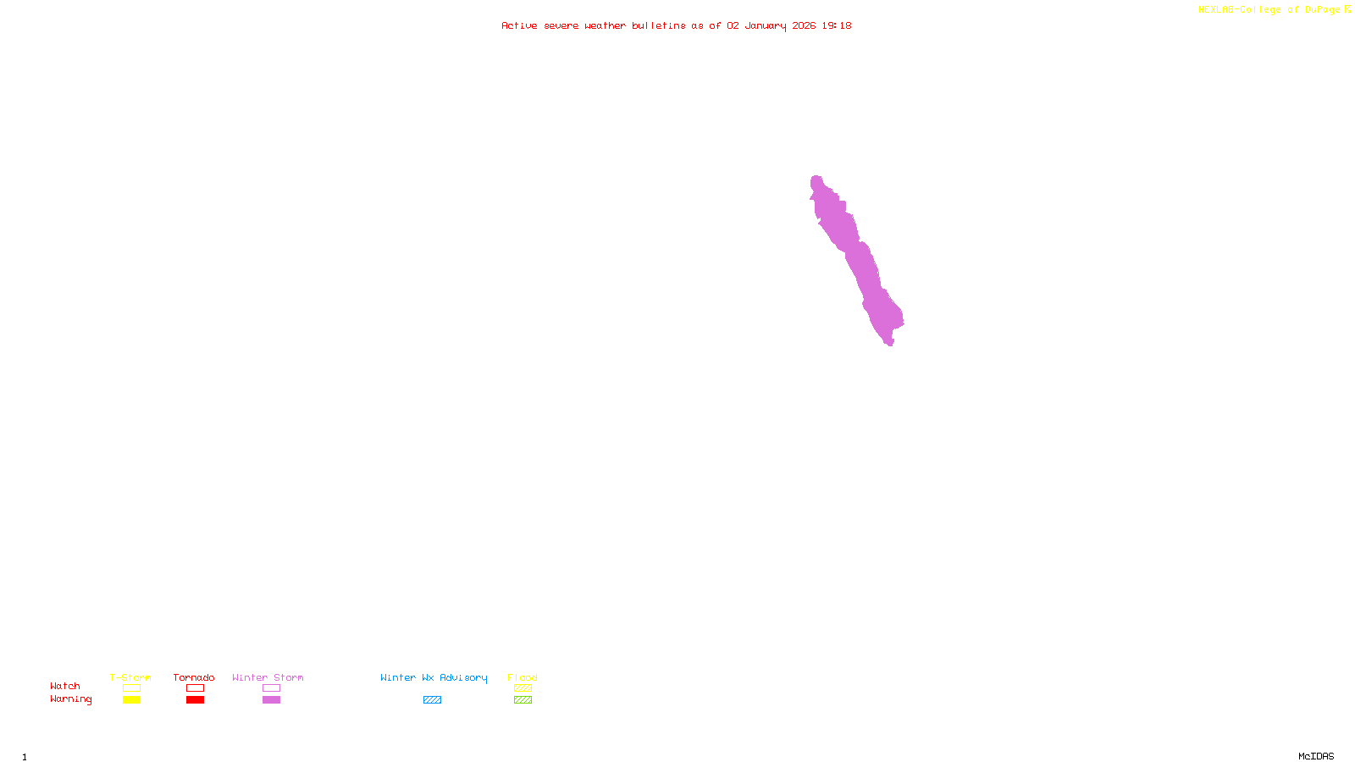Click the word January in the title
765,25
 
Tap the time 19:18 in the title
836,25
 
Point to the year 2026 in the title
804,25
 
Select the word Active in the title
519,25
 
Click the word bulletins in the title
658,25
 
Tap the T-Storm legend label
130,677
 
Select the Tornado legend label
194,677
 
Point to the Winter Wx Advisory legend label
434,677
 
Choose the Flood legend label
523,677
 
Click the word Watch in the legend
65,686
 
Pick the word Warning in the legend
70,699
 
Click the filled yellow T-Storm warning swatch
131,700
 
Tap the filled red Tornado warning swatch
195,700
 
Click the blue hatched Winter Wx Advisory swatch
432,700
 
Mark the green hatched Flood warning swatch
523,700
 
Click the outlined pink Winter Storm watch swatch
271,688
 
